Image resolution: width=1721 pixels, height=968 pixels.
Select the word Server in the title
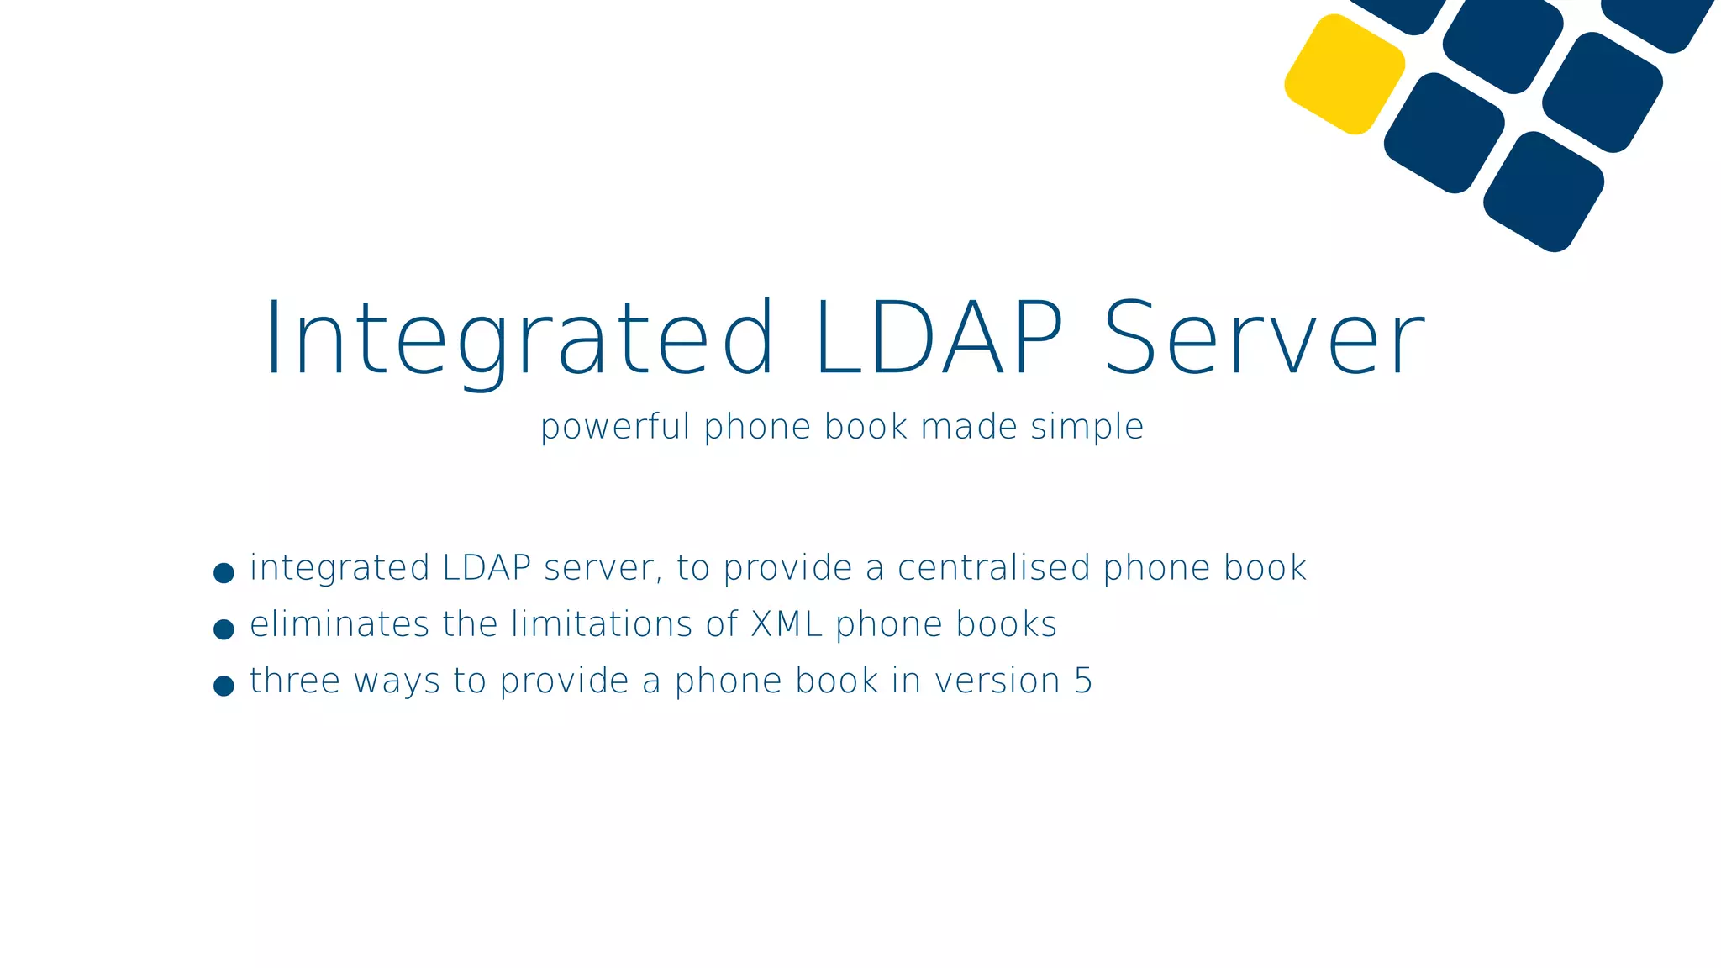[x=1264, y=339]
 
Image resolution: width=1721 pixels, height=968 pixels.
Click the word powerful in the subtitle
[x=615, y=427]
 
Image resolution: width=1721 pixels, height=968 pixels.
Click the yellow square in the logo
[x=1345, y=74]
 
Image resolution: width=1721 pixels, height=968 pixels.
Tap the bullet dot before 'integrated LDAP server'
[x=224, y=573]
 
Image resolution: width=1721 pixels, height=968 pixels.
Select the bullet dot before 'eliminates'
[x=224, y=629]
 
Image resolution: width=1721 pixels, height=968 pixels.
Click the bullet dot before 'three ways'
[x=224, y=686]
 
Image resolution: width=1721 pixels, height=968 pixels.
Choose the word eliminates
[x=339, y=624]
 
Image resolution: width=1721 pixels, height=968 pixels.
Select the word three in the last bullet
[x=295, y=681]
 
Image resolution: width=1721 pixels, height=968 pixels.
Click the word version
[x=997, y=681]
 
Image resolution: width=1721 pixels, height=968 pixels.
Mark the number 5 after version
[x=1083, y=681]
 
